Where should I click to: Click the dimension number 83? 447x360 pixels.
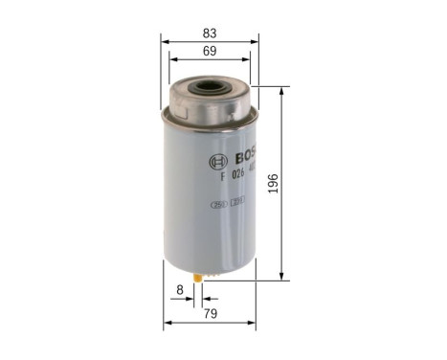(x=209, y=33)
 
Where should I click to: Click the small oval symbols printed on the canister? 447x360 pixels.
(x=229, y=203)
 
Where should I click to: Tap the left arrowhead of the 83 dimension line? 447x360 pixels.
(x=163, y=42)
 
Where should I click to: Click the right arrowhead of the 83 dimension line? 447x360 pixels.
(x=257, y=42)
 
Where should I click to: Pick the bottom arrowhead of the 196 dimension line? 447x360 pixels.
(x=282, y=277)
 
